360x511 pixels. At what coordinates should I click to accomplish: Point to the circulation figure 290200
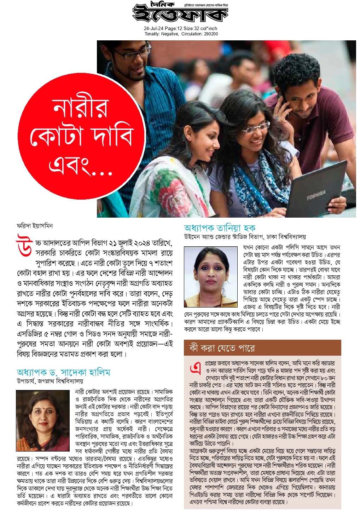[211, 34]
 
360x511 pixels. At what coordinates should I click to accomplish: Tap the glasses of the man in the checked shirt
[136, 54]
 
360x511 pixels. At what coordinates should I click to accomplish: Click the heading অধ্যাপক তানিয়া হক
[219, 228]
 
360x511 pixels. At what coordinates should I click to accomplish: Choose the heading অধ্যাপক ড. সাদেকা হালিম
[64, 372]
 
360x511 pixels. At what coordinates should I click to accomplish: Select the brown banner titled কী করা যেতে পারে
[262, 348]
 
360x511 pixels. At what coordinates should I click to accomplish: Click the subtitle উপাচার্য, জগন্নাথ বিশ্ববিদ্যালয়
[50, 381]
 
